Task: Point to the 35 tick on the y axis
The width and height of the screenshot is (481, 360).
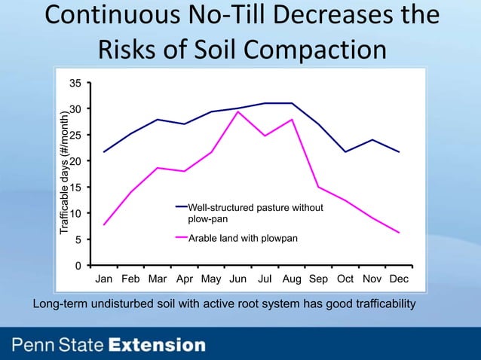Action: tap(76, 83)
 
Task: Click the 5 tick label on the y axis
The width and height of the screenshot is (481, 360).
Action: tap(79, 240)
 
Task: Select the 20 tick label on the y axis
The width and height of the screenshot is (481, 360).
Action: tap(76, 161)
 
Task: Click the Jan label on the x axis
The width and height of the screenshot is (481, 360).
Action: tap(105, 279)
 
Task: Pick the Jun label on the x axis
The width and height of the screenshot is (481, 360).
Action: tap(237, 279)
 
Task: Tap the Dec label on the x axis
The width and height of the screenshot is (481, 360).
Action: tap(398, 279)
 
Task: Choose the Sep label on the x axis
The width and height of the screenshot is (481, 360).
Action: tap(318, 279)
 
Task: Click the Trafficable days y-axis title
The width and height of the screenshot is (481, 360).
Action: tap(66, 174)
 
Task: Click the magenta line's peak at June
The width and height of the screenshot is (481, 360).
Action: tap(238, 111)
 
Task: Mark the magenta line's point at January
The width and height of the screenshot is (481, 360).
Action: tap(104, 224)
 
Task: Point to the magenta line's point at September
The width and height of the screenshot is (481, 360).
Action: tap(318, 187)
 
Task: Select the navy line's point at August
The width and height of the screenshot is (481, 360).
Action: tap(292, 103)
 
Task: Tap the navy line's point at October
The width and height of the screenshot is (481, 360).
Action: tap(345, 152)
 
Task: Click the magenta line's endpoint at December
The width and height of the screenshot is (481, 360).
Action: tap(399, 233)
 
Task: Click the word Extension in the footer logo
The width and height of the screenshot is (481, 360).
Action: tap(156, 346)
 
